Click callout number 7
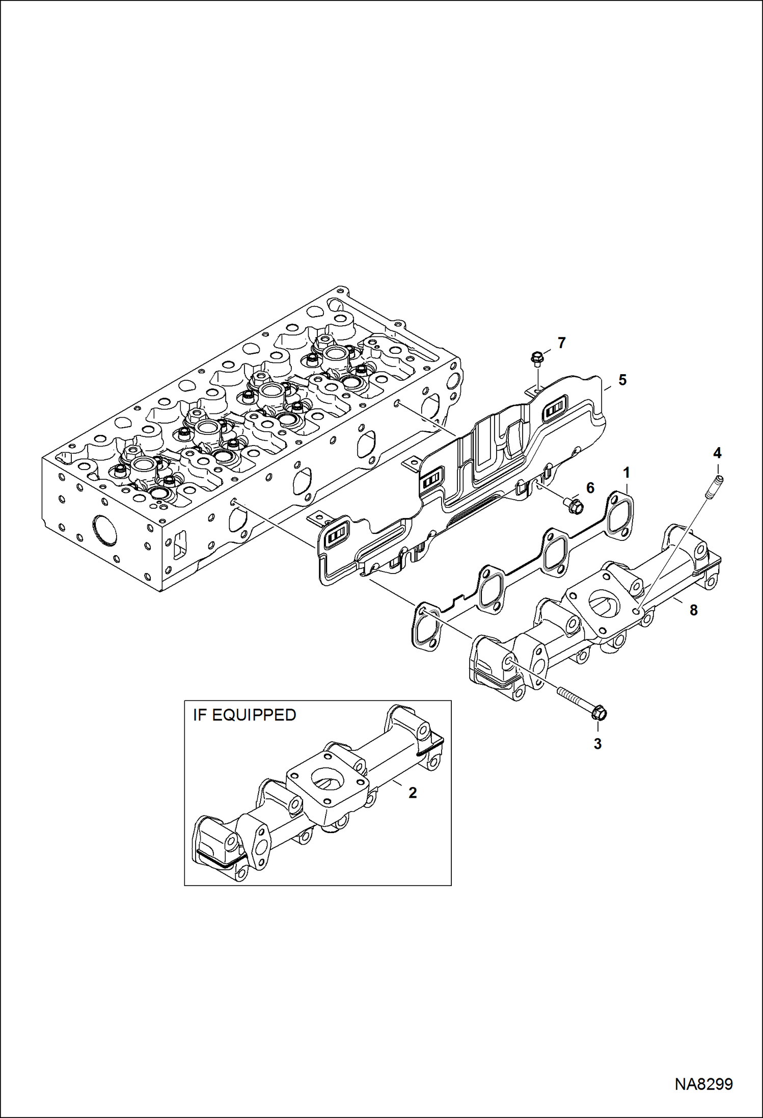[x=561, y=343]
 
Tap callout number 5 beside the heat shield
[x=622, y=380]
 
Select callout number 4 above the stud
[x=717, y=453]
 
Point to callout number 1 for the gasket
[x=626, y=473]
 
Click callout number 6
[x=590, y=488]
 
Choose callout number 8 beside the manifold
[x=693, y=610]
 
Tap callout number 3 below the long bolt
[x=597, y=744]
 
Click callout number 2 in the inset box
[x=413, y=792]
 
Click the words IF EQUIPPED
[x=244, y=715]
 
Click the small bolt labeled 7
[x=535, y=358]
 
